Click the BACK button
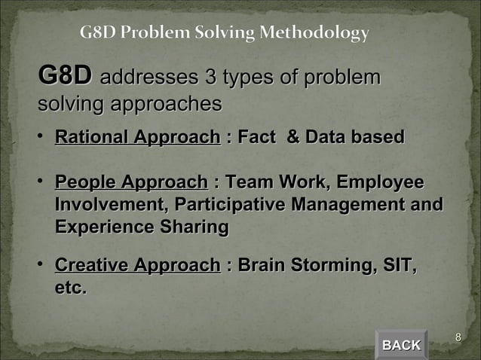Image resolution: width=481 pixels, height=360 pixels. [401, 345]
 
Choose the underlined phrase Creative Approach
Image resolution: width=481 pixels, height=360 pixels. [137, 265]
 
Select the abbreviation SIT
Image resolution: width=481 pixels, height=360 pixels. [397, 265]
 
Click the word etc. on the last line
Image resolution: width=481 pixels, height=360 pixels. [70, 288]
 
